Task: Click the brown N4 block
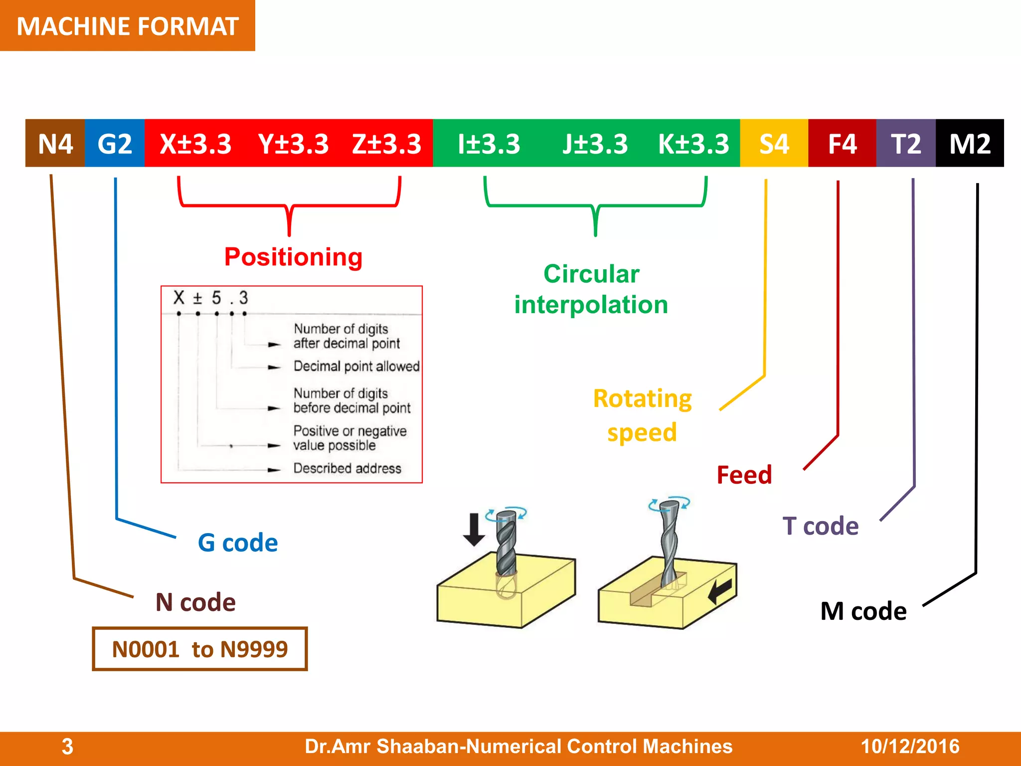tap(55, 144)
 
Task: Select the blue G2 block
tap(115, 144)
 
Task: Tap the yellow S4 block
tap(774, 144)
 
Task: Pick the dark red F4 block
tap(842, 144)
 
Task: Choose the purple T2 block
tap(906, 144)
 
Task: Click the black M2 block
tap(970, 144)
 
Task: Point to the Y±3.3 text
tap(293, 144)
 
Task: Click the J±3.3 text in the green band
tap(595, 144)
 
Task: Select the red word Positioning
tap(293, 257)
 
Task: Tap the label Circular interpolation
tap(591, 289)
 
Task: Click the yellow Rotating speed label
tap(642, 415)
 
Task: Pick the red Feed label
tap(744, 475)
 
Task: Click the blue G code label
tap(238, 543)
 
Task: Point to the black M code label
tap(863, 611)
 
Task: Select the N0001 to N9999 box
tap(200, 649)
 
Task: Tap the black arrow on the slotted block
tap(721, 590)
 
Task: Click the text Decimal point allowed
tap(356, 367)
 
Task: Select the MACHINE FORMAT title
tap(128, 26)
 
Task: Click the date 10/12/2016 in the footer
tap(910, 747)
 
